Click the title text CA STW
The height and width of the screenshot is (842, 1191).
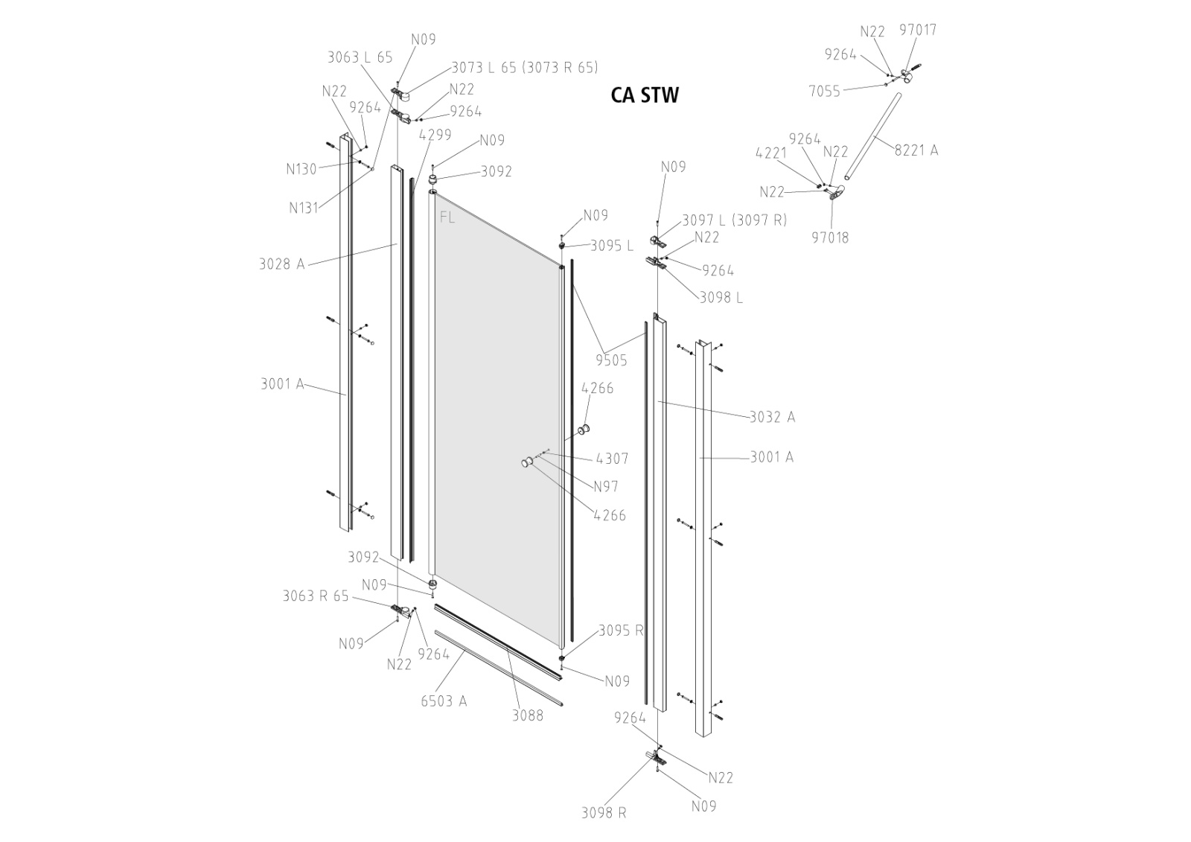(x=644, y=95)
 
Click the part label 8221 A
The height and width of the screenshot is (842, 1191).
(x=916, y=150)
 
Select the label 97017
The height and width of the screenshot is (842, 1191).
(x=918, y=30)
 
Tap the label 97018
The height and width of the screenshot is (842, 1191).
(x=830, y=237)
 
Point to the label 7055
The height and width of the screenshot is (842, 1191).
(x=824, y=91)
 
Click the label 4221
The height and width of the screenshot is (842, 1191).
(x=771, y=154)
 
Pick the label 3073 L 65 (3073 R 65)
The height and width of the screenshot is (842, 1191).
(x=525, y=68)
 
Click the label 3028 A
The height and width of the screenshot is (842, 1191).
(x=281, y=264)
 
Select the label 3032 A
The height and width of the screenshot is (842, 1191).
(x=772, y=417)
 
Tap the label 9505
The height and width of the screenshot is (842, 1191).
(x=611, y=360)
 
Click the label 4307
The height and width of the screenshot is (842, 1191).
(x=612, y=459)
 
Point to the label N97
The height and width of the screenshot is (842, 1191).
(x=606, y=487)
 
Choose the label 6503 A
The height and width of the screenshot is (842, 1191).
(x=444, y=701)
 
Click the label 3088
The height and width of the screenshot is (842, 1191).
(x=527, y=715)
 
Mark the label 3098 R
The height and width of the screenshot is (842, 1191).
(x=603, y=812)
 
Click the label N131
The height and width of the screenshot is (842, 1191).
(x=304, y=208)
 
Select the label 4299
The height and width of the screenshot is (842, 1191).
(x=435, y=135)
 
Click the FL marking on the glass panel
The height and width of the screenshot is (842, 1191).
(x=447, y=217)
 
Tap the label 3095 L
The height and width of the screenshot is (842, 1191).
(x=612, y=246)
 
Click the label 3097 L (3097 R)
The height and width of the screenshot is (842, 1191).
(x=734, y=220)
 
